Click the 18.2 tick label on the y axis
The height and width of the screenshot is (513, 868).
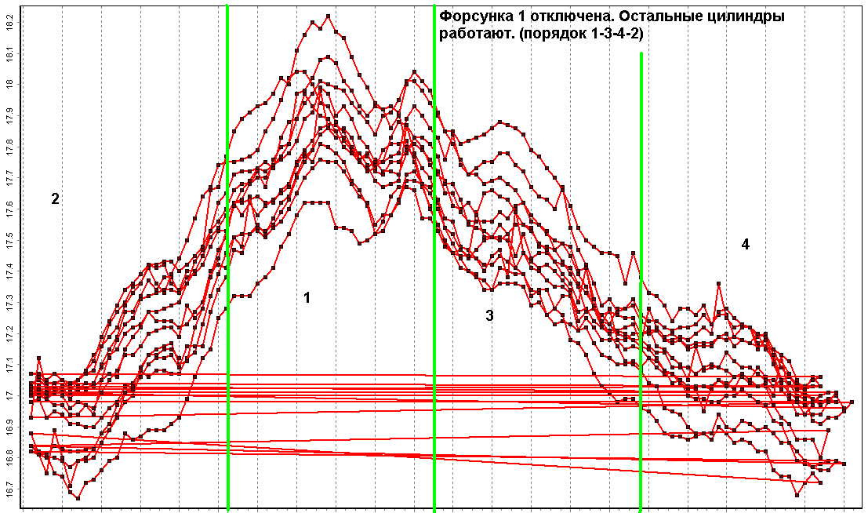click(9, 24)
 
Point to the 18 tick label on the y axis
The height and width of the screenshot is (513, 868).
click(9, 84)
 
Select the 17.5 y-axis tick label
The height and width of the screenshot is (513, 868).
click(9, 238)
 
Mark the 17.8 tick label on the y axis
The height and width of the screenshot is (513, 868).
click(9, 146)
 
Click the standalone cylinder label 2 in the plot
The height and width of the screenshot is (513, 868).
click(55, 199)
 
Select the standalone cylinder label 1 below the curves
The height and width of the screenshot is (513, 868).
click(307, 298)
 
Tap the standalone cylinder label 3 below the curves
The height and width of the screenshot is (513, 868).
click(490, 316)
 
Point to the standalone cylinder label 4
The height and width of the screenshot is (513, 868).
click(745, 245)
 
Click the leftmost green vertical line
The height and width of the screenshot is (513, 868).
click(227, 259)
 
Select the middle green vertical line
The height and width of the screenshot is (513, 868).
click(434, 259)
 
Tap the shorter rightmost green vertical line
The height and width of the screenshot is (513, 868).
click(641, 282)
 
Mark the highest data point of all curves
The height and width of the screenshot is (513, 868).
click(328, 16)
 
